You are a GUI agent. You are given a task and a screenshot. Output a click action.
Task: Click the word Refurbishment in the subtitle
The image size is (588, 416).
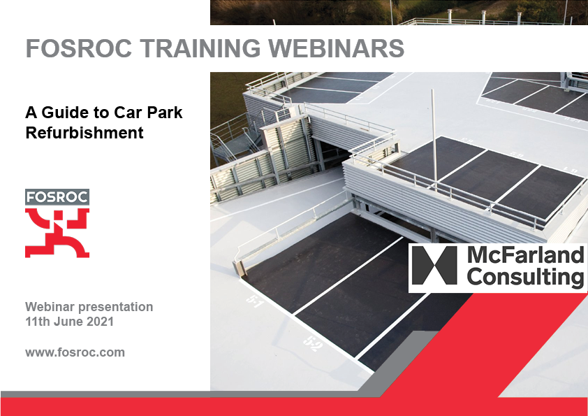pyautogui.click(x=84, y=132)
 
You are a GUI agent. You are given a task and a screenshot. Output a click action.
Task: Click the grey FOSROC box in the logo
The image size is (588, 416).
pyautogui.click(x=57, y=197)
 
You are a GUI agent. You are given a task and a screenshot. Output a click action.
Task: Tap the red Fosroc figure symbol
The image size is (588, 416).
pyautogui.click(x=57, y=233)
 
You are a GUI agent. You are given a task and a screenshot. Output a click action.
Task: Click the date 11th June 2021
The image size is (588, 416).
pyautogui.click(x=69, y=322)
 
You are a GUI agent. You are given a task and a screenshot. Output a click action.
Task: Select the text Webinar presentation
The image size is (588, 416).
pyautogui.click(x=89, y=307)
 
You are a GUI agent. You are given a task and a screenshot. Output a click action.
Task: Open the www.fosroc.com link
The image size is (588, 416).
pyautogui.click(x=75, y=352)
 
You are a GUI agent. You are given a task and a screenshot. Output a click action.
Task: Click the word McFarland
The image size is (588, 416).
pyautogui.click(x=524, y=255)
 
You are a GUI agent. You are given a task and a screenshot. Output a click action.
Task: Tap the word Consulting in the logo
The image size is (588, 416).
pyautogui.click(x=524, y=278)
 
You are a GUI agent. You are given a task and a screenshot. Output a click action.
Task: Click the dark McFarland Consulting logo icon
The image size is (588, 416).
pyautogui.click(x=434, y=266)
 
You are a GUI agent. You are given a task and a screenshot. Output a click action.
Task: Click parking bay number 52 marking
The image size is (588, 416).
pyautogui.click(x=312, y=343)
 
